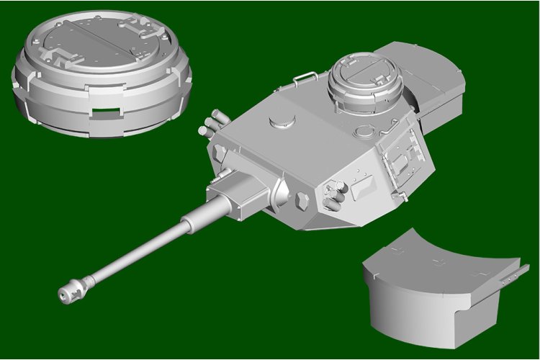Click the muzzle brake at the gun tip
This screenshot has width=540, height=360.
tap(72, 289)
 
